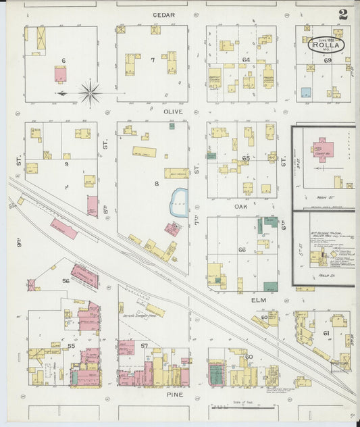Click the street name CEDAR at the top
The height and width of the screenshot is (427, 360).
[x=163, y=15]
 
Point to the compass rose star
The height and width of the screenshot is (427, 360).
[x=90, y=92]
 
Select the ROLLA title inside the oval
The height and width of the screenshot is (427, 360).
[x=329, y=47]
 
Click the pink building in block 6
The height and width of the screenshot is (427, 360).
[x=61, y=74]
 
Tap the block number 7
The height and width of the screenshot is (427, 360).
[x=153, y=60]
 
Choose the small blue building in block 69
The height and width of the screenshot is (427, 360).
[x=306, y=92]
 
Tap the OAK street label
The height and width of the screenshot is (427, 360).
[x=241, y=207]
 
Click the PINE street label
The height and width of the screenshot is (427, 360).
[x=174, y=393]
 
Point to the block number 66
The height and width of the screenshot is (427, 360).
[x=242, y=250]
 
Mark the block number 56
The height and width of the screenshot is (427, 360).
[x=66, y=280]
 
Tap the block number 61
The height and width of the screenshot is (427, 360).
[x=326, y=333]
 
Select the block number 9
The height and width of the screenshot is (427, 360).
[x=66, y=164]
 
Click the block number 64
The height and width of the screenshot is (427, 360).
[x=246, y=60]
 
